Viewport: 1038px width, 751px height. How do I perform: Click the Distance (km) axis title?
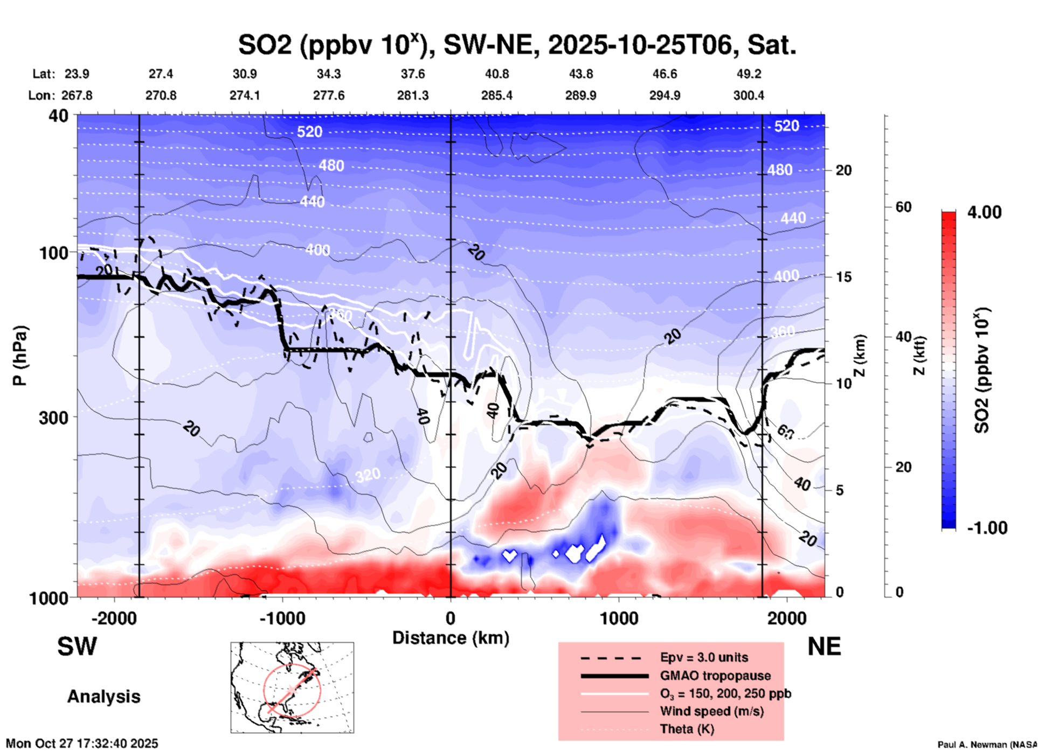pyautogui.click(x=451, y=638)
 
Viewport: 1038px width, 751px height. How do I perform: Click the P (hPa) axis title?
pyautogui.click(x=20, y=356)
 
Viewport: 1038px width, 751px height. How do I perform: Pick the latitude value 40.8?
pyautogui.click(x=496, y=74)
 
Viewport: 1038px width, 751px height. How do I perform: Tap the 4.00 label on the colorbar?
pyautogui.click(x=984, y=212)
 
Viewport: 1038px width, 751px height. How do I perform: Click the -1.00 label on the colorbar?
pyautogui.click(x=987, y=527)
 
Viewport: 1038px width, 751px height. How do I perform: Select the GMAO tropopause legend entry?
pyautogui.click(x=715, y=676)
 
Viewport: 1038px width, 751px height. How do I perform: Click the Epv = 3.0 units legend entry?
pyautogui.click(x=704, y=657)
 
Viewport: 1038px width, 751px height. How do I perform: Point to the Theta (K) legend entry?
pyautogui.click(x=687, y=729)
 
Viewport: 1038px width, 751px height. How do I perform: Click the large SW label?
pyautogui.click(x=77, y=646)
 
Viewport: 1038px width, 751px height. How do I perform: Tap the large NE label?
pyautogui.click(x=824, y=646)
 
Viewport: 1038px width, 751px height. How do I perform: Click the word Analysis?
pyautogui.click(x=103, y=697)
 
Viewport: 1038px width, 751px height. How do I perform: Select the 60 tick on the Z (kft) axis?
pyautogui.click(x=903, y=207)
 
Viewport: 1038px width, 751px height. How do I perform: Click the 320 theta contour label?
pyautogui.click(x=368, y=475)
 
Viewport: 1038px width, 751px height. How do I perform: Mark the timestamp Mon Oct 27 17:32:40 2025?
pyautogui.click(x=82, y=743)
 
